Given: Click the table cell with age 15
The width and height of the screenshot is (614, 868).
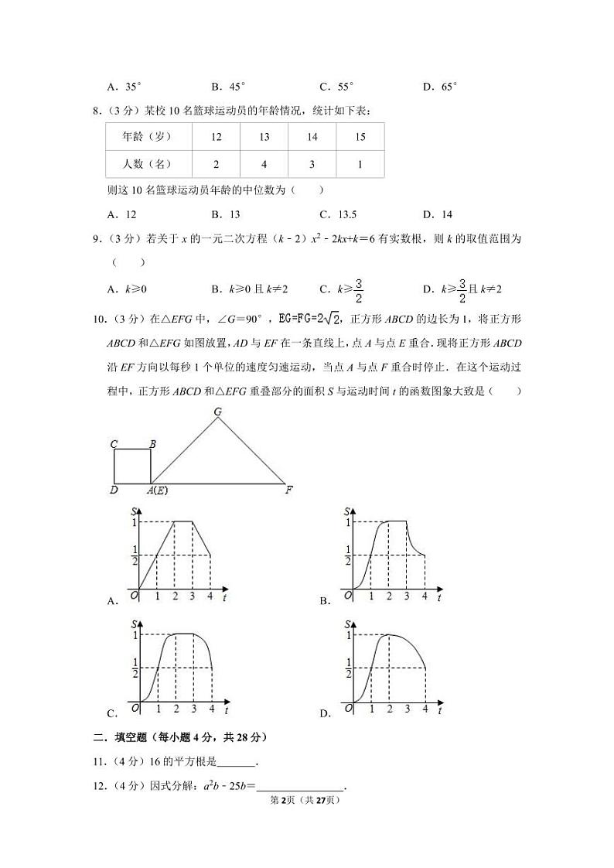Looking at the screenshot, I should click(360, 137).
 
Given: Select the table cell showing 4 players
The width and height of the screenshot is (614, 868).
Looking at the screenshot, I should click(264, 164).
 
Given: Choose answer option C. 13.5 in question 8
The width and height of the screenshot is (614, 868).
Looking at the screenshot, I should click(338, 214).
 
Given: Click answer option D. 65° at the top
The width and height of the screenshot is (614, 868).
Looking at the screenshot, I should click(440, 87).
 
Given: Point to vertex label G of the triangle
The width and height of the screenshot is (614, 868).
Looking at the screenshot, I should click(218, 412).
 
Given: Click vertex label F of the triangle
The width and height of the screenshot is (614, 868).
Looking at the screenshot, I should click(288, 490).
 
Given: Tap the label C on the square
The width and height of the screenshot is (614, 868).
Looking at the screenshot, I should click(114, 444).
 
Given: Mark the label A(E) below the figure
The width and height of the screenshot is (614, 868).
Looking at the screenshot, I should click(157, 490).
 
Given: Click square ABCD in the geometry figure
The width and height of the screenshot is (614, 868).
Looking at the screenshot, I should click(132, 466).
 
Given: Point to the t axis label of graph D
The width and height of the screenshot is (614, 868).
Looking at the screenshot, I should click(439, 710).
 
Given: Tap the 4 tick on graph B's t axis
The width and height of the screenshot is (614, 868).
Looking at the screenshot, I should click(425, 596).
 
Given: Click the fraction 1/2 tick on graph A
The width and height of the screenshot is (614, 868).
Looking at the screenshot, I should click(135, 555).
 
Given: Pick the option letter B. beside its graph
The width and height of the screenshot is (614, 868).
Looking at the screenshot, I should click(325, 600).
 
